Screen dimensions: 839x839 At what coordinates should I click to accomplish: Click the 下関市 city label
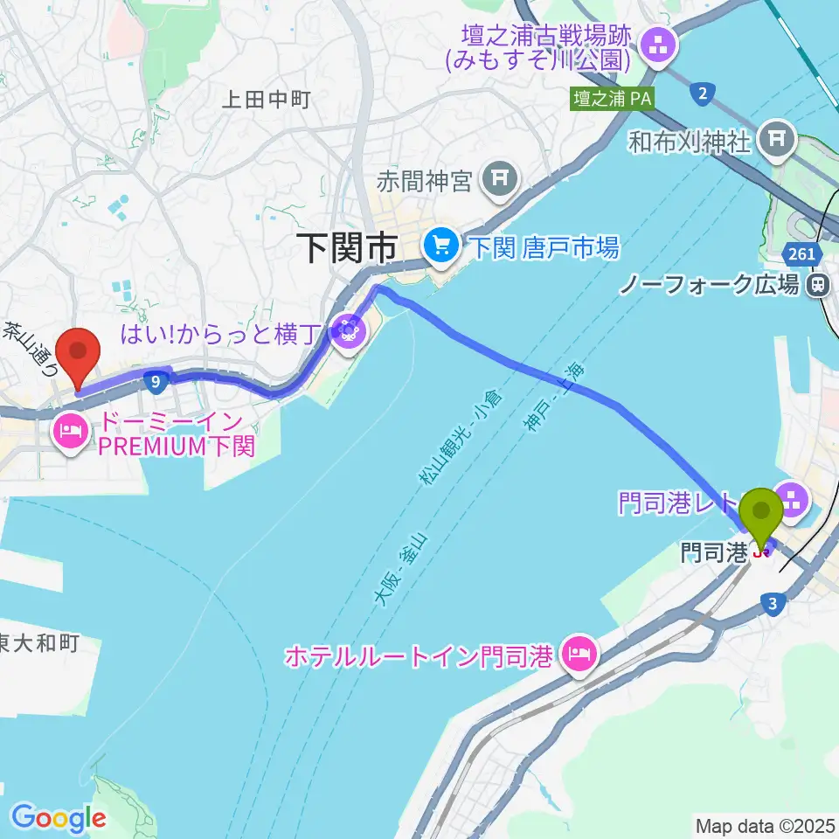tap(348, 249)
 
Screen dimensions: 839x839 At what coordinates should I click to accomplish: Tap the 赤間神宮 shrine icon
tap(499, 181)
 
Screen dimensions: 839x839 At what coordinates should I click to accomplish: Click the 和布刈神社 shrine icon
tap(775, 137)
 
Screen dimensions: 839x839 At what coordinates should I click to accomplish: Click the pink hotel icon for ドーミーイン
tap(70, 430)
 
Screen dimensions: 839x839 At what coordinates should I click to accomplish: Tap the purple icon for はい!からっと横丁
tap(348, 331)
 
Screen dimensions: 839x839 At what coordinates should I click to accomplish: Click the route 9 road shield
tap(155, 380)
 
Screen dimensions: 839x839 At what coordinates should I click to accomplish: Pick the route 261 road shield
tap(808, 254)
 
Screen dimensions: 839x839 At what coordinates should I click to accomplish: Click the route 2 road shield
tap(701, 93)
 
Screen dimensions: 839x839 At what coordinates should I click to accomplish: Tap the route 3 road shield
tap(771, 602)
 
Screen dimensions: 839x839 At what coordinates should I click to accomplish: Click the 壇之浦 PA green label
tap(613, 99)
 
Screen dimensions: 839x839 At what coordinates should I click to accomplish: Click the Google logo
tap(59, 819)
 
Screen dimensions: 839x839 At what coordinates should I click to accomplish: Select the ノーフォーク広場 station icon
tap(819, 283)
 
